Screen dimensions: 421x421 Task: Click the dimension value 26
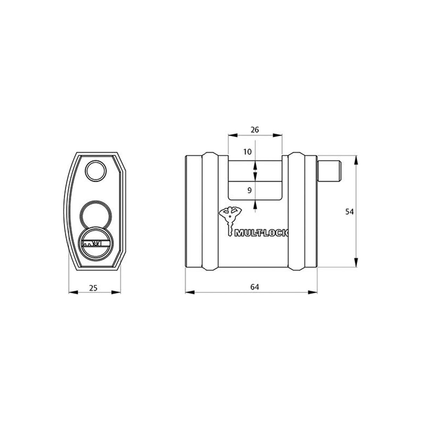click(x=255, y=129)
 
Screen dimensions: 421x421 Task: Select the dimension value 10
click(x=247, y=152)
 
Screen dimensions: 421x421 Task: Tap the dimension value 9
click(x=249, y=191)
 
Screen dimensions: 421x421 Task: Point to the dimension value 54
click(x=349, y=212)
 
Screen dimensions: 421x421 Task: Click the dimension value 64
click(x=254, y=287)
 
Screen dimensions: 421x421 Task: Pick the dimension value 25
click(x=93, y=288)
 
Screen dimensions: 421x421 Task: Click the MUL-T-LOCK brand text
click(x=261, y=233)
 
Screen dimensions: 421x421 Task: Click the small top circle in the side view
click(x=96, y=171)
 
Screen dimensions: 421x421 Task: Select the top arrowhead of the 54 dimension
click(x=356, y=160)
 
